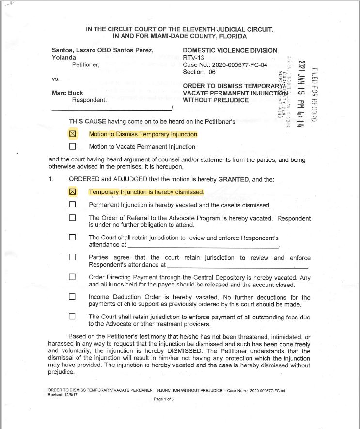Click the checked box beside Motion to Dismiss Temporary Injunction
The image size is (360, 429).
pos(73,134)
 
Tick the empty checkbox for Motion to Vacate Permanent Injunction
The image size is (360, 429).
pos(73,146)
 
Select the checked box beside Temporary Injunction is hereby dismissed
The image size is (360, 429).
pos(73,192)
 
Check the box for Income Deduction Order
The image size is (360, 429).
pos(73,297)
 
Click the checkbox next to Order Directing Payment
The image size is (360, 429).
pos(73,277)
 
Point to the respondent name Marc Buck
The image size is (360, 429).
pos(67,93)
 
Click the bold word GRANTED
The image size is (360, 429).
pos(234,179)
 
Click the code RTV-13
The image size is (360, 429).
pos(193,58)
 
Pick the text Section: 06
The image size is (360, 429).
pos(199,72)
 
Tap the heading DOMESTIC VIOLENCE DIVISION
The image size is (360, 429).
pos(230,50)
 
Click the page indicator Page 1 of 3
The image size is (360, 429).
pos(167,399)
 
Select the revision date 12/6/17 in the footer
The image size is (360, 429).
pos(73,394)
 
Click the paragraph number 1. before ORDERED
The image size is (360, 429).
pos(51,179)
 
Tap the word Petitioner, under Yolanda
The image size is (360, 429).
pos(85,64)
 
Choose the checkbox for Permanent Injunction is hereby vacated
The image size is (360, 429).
pos(73,205)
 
